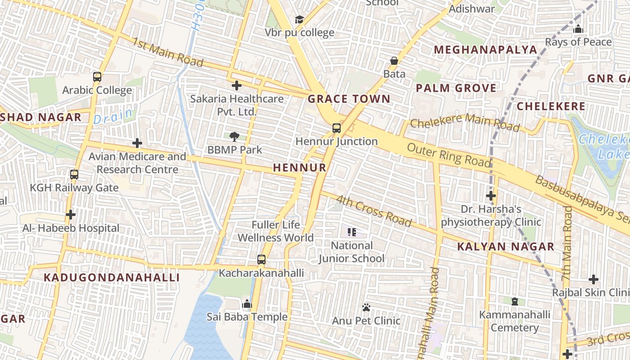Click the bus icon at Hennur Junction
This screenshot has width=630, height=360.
[x=337, y=128]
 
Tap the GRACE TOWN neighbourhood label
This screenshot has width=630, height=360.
[x=349, y=99]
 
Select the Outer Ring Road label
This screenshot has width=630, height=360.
[x=449, y=155]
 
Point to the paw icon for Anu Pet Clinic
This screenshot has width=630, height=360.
[x=366, y=307]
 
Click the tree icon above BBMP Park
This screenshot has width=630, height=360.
[x=234, y=136]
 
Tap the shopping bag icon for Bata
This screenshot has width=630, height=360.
[x=394, y=61]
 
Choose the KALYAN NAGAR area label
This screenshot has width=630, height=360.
[x=506, y=247]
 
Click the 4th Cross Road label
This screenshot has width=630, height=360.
[x=374, y=211]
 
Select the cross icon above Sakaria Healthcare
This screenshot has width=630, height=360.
[x=237, y=85]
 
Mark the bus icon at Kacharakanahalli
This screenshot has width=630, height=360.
[x=261, y=260]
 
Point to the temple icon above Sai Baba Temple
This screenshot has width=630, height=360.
[x=247, y=304]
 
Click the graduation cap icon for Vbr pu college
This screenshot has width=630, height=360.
[x=299, y=19]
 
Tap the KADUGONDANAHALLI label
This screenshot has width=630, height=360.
[x=112, y=277]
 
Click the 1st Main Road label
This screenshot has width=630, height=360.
[x=168, y=52]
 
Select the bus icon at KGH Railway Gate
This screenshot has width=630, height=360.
[x=74, y=174]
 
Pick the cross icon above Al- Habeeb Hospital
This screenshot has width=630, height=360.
[x=71, y=215]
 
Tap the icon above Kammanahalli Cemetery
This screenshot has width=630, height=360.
[x=515, y=301]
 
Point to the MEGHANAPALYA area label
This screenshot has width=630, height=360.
[x=486, y=49]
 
